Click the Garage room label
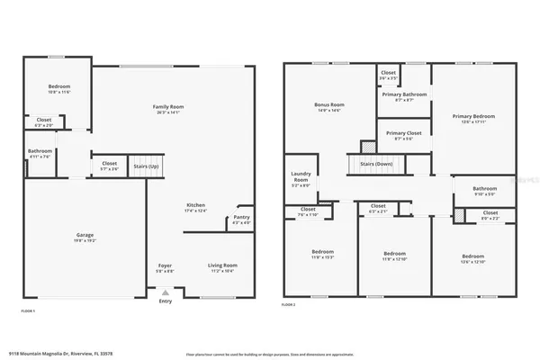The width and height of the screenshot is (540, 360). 85,236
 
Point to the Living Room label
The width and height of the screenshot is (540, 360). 222,265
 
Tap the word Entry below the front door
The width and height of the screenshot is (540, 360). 165,301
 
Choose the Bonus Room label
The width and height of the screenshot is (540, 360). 329,106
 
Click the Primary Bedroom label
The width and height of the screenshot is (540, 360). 472,116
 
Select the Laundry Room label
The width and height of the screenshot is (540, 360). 301,180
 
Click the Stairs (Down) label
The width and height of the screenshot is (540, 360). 377,165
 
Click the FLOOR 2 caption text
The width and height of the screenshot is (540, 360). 290,306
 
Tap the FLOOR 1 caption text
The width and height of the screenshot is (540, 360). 28,310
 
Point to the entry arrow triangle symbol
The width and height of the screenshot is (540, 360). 165,292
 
